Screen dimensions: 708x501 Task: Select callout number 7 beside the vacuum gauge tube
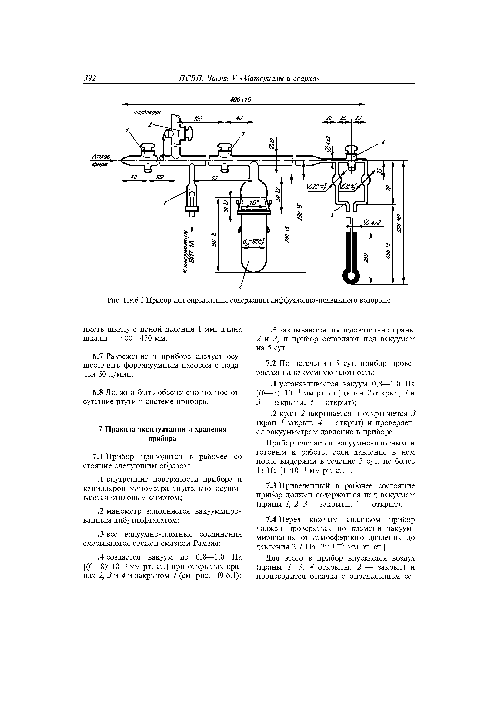(x=165, y=203)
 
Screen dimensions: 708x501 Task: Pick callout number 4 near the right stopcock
(x=383, y=142)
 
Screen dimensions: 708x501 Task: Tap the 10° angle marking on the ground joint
(x=254, y=203)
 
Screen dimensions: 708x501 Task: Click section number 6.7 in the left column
(x=98, y=356)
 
